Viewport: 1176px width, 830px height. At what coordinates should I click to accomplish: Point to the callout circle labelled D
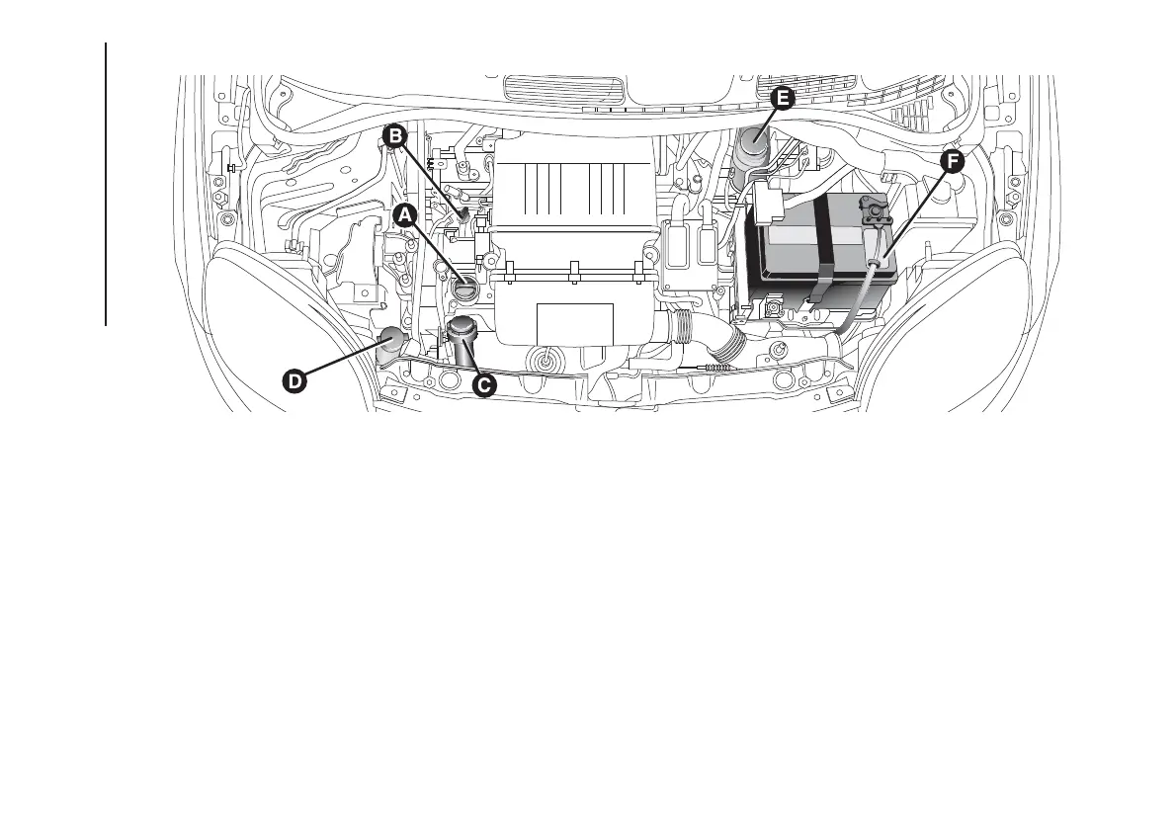(x=294, y=381)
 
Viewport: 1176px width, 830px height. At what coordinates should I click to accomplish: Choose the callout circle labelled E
(x=781, y=98)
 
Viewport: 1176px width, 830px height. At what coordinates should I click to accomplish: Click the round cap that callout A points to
(x=465, y=290)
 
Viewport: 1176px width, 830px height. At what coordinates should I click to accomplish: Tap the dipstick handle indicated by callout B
(x=463, y=208)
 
